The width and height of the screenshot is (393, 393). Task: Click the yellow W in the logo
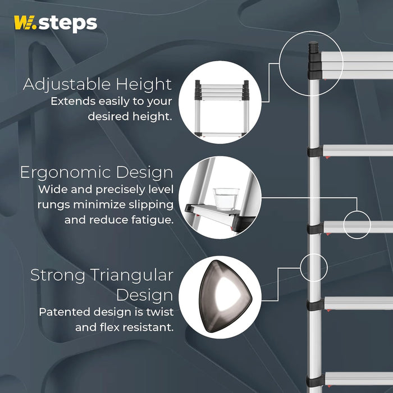click(24, 24)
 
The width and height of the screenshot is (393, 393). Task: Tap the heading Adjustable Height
click(97, 85)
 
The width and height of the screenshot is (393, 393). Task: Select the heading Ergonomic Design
click(97, 172)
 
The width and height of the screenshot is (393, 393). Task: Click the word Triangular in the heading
click(132, 275)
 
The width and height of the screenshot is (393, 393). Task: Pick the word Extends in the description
click(70, 102)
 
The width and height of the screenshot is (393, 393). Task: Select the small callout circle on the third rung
click(358, 224)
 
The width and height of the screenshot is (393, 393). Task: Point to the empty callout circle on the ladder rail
click(313, 267)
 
